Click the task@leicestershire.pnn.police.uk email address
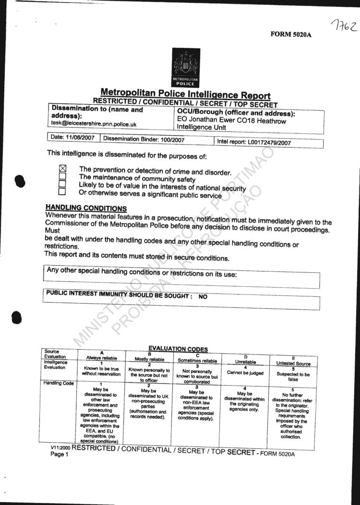[94, 124]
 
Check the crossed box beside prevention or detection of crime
[62, 168]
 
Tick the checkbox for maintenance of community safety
[62, 176]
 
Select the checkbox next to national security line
[62, 185]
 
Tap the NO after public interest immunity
[203, 297]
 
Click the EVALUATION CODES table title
[178, 349]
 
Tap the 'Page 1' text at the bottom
[60, 454]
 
